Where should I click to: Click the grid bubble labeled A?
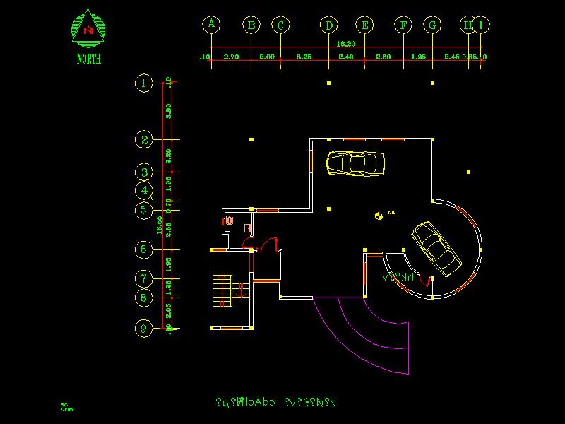point(211,24)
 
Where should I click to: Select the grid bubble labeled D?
point(328,25)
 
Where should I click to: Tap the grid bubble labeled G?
point(432,25)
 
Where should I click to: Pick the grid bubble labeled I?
point(481,25)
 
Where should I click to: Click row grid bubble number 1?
point(144,83)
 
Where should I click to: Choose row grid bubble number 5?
point(144,210)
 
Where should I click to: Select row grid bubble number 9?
point(144,329)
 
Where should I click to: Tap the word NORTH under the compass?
point(89,59)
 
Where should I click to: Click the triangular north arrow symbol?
point(88,28)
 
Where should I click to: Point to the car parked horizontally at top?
point(355,163)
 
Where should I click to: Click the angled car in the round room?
point(436,247)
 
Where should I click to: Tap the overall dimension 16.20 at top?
point(345,44)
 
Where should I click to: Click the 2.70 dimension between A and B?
point(231,56)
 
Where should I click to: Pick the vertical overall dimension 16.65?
point(160,225)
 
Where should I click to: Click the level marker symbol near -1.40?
point(379,216)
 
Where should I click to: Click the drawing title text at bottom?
point(275,403)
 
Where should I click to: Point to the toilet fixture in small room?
point(229,221)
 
